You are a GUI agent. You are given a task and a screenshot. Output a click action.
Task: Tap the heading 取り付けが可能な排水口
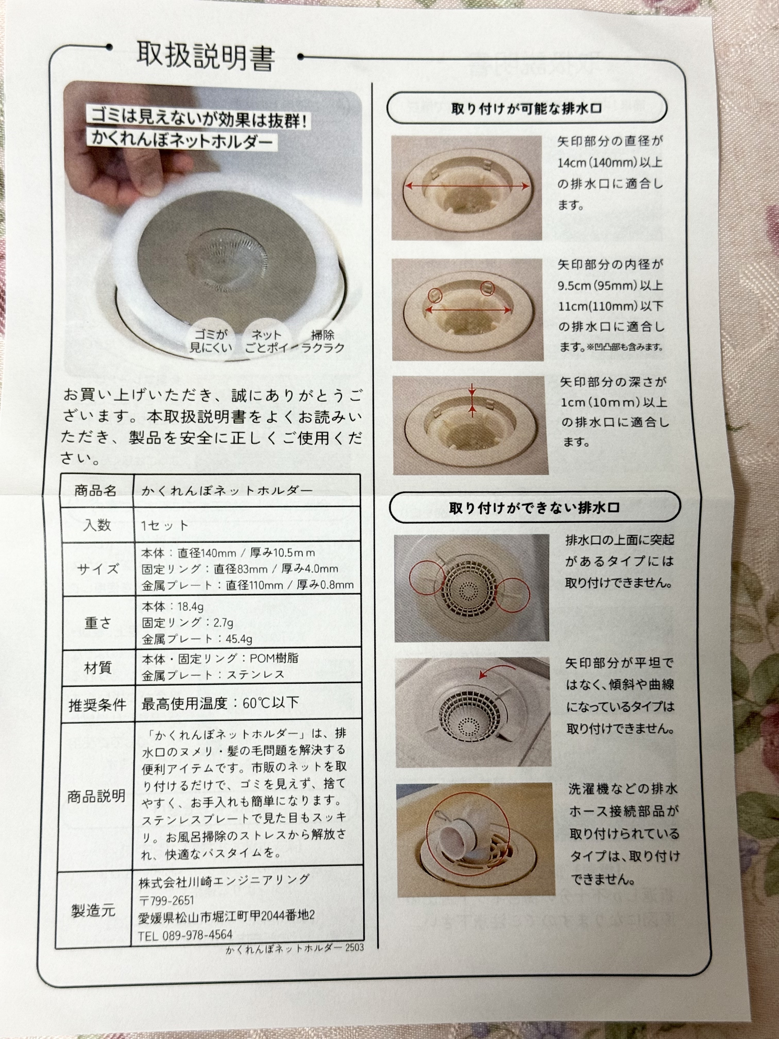526,108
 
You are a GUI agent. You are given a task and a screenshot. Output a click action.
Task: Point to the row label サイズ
98,569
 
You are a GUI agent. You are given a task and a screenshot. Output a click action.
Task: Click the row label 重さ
98,623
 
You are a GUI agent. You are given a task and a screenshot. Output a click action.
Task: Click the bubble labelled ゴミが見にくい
211,341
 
